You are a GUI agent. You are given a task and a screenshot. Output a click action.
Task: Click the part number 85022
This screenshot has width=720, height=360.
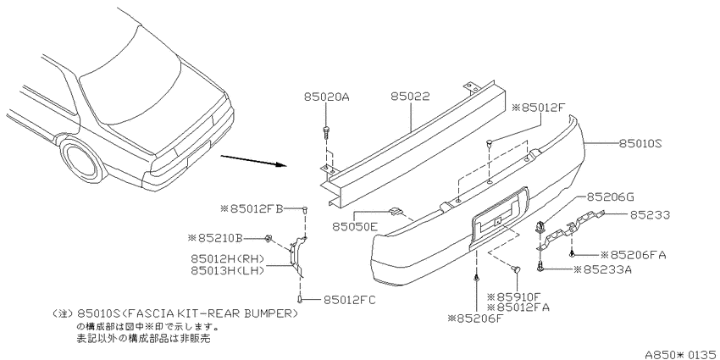click(x=411, y=97)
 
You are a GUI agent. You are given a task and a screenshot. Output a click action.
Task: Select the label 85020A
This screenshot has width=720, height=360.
click(x=326, y=97)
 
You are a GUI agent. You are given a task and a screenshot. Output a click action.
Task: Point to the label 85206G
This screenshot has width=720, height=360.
click(x=609, y=197)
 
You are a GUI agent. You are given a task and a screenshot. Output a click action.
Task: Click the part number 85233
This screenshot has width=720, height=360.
click(x=650, y=214)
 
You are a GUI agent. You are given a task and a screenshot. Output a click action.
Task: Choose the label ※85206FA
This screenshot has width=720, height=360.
click(x=634, y=255)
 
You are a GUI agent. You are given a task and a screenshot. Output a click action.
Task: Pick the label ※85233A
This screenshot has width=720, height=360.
click(x=601, y=269)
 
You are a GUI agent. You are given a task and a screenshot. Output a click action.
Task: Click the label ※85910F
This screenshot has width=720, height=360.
click(x=514, y=296)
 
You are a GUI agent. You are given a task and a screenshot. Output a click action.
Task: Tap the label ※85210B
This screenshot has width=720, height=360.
click(x=215, y=238)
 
